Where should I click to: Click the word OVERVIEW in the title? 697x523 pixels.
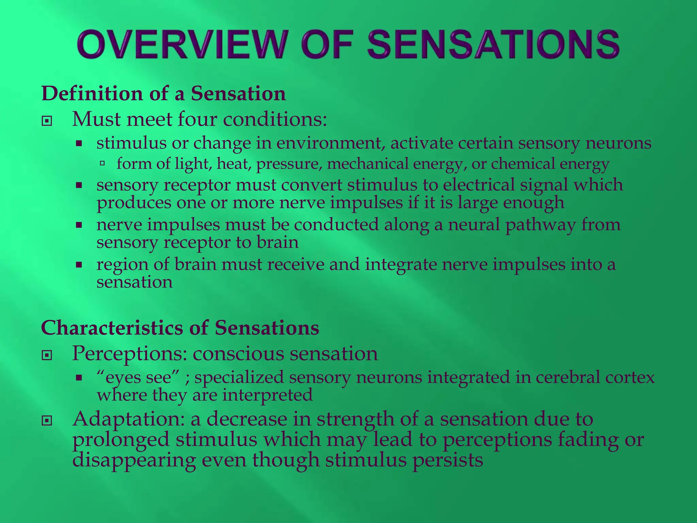pyautogui.click(x=180, y=44)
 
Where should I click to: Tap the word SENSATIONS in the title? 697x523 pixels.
pyautogui.click(x=493, y=44)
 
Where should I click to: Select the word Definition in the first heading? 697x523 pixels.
pyautogui.click(x=92, y=93)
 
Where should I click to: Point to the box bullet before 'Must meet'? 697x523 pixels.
pyautogui.click(x=47, y=121)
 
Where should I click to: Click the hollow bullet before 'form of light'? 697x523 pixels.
pyautogui.click(x=102, y=164)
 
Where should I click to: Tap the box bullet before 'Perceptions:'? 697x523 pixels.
pyautogui.click(x=47, y=355)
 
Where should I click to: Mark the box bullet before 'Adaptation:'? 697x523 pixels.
pyautogui.click(x=47, y=421)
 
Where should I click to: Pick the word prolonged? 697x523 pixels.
pyautogui.click(x=121, y=439)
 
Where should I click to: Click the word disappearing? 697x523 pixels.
pyautogui.click(x=134, y=460)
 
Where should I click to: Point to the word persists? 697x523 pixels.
pyautogui.click(x=448, y=460)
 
